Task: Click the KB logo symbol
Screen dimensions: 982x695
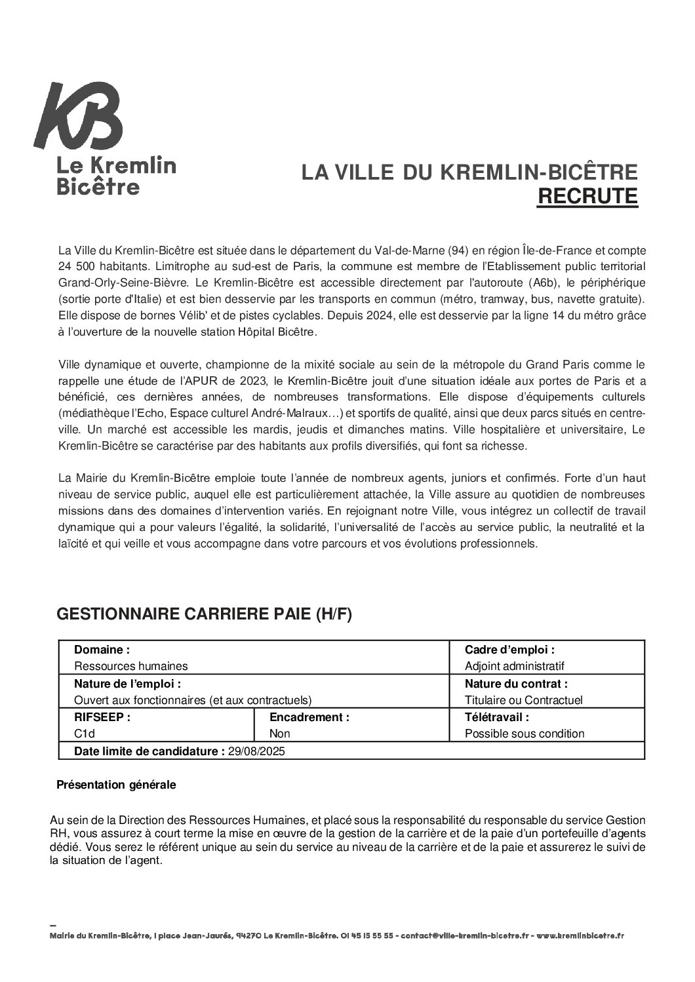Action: [79, 116]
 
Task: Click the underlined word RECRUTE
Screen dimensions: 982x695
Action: [587, 196]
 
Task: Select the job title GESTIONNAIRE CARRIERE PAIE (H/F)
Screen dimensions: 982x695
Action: [205, 614]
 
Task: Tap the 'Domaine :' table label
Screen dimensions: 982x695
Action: [102, 650]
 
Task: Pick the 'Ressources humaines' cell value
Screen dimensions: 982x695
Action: [131, 666]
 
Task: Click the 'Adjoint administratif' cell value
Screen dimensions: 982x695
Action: [515, 666]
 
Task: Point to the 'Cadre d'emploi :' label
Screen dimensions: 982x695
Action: [509, 650]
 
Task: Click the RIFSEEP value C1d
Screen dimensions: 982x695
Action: [85, 734]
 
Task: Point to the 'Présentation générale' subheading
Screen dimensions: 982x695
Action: [117, 785]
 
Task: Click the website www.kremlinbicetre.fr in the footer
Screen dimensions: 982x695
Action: [580, 936]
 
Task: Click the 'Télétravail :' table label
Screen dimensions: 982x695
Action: [496, 717]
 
